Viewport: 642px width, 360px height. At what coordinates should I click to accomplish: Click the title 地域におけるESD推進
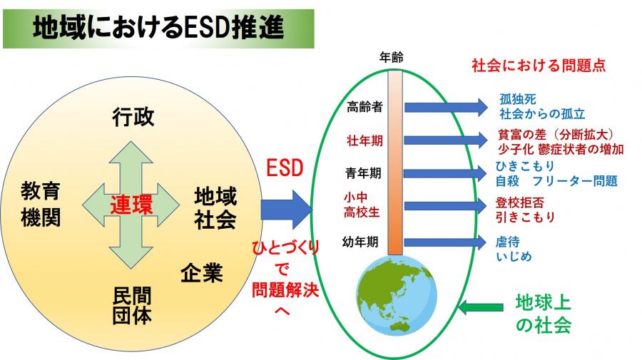(x=158, y=29)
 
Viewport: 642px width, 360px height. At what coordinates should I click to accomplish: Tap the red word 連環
(x=131, y=205)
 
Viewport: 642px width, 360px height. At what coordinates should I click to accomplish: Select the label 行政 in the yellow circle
(x=133, y=117)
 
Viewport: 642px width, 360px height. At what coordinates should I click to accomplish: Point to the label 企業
(x=202, y=272)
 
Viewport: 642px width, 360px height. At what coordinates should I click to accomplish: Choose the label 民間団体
(x=132, y=306)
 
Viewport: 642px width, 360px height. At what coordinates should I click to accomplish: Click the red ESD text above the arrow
(x=285, y=168)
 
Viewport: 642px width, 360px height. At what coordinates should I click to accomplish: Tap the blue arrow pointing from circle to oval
(x=287, y=210)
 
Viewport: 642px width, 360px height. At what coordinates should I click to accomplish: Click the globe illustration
(x=397, y=295)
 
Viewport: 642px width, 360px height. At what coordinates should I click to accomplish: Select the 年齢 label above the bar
(x=391, y=58)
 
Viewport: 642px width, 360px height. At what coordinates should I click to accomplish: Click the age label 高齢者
(x=365, y=107)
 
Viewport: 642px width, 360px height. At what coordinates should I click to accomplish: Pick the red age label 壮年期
(x=365, y=140)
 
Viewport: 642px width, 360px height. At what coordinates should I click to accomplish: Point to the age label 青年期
(x=363, y=173)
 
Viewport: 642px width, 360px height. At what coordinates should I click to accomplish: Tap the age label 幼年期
(x=360, y=242)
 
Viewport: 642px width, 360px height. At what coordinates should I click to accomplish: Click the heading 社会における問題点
(x=539, y=66)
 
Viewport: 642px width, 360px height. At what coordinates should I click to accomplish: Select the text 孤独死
(x=518, y=99)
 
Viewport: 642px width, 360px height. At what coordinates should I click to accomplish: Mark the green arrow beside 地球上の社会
(x=480, y=307)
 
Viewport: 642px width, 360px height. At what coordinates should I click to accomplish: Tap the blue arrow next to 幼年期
(x=445, y=242)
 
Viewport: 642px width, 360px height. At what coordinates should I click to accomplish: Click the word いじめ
(x=514, y=257)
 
